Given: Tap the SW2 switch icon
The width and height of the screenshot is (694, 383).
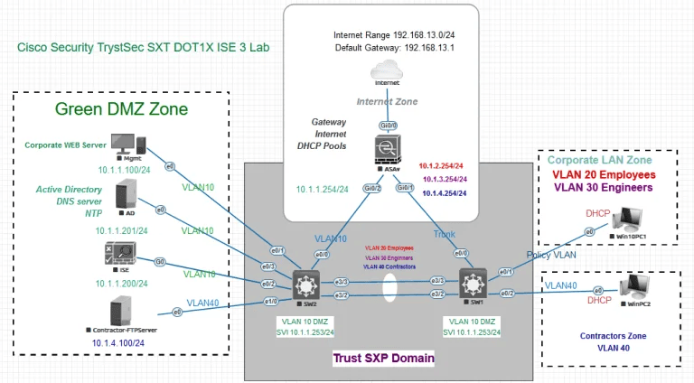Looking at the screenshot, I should point(302,283).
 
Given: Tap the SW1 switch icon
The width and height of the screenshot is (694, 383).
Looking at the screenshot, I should point(473,283).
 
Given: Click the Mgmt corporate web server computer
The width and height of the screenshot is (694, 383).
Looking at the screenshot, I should point(122,144).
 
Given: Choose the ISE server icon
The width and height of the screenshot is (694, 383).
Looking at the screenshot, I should point(119,257).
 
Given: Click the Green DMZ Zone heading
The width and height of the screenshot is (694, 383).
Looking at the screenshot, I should point(121,110).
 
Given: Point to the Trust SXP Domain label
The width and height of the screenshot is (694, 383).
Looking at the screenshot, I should point(384,359).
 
